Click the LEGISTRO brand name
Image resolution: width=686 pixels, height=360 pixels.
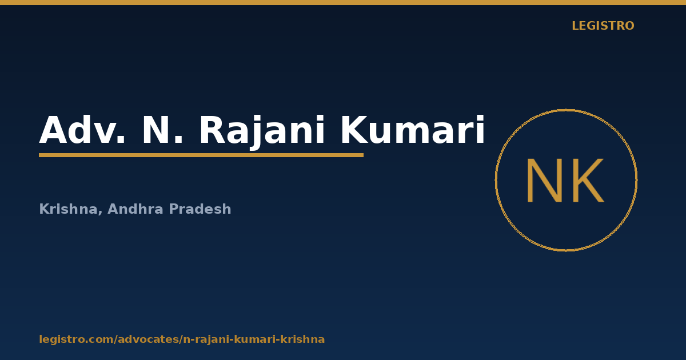(603, 26)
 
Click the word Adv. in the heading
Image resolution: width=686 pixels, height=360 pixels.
(82, 130)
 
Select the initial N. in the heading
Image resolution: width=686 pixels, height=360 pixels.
(162, 130)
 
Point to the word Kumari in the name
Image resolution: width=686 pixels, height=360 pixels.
(413, 130)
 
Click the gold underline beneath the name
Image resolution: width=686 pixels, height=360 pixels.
(201, 155)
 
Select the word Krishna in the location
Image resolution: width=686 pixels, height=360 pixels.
(68, 209)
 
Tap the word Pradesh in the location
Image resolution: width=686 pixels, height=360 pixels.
(200, 209)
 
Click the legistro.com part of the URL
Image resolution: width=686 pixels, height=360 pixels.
(76, 339)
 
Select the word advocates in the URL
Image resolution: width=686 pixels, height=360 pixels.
(149, 339)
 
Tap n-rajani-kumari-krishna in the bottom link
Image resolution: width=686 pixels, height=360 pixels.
(254, 339)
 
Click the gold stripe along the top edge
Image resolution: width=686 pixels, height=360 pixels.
(343, 2)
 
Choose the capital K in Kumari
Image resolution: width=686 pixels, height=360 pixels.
(354, 130)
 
